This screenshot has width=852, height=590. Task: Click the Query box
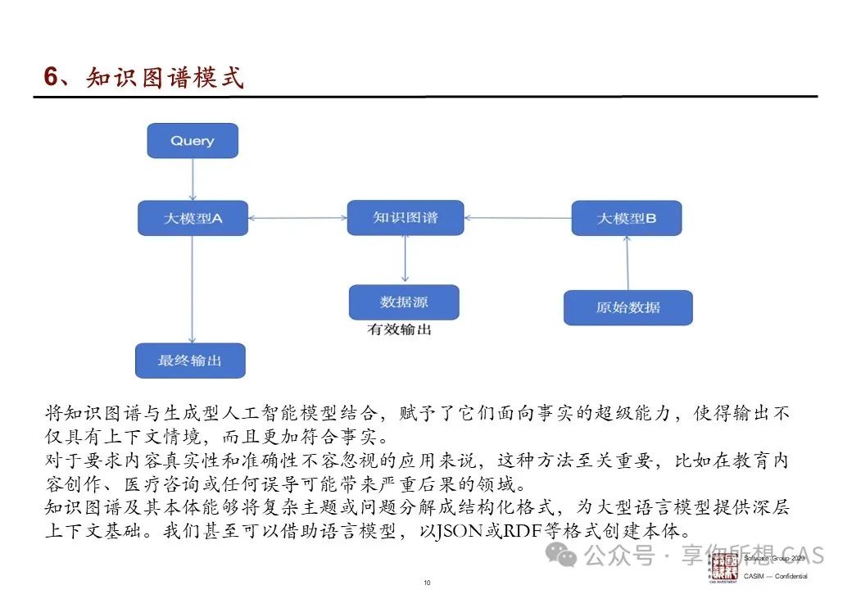point(193,141)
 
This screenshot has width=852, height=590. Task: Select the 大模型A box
point(193,218)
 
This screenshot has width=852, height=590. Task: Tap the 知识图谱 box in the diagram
point(405,217)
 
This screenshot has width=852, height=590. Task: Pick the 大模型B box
point(627,218)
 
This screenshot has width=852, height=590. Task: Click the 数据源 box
point(404,302)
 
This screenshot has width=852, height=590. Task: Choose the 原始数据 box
point(628,308)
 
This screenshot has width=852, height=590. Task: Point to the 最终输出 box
point(190,361)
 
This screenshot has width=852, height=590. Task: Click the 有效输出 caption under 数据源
point(399,329)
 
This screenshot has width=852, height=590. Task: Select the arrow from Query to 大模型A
point(193,179)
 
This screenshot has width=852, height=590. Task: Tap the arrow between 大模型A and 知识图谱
point(297,218)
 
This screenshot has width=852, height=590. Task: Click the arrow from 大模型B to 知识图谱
point(518,218)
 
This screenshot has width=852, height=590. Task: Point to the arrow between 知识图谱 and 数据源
point(405,260)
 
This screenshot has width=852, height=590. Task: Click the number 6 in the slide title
point(51,77)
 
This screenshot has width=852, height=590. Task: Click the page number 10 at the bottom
point(427,583)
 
